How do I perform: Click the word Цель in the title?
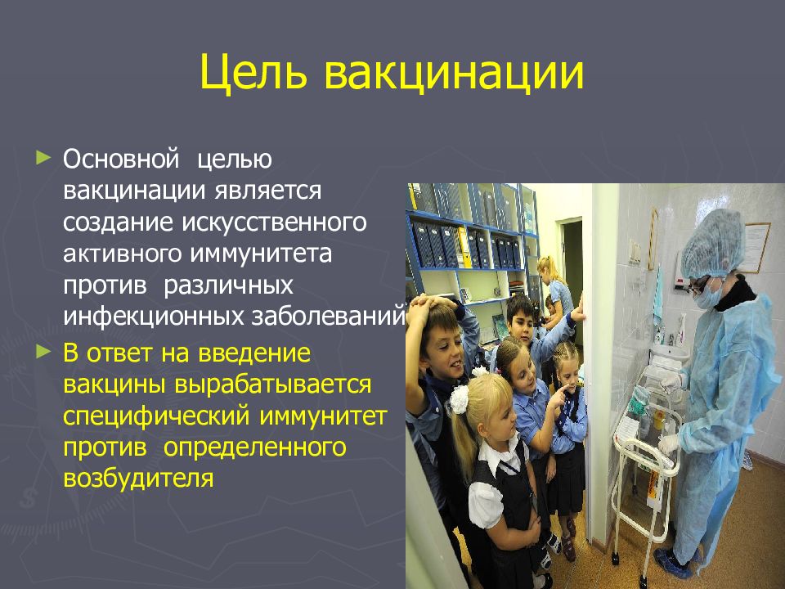[253, 72]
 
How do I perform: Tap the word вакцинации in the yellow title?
[454, 73]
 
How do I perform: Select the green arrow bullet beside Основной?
[43, 158]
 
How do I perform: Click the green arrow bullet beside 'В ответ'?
[43, 352]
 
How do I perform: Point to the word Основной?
[121, 159]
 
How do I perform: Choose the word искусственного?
[274, 222]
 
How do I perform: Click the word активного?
[122, 254]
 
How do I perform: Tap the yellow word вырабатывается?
[273, 384]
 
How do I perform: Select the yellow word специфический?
[156, 416]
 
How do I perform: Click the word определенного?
[254, 447]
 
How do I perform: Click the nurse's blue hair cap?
[713, 244]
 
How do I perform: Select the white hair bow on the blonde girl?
[459, 399]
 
